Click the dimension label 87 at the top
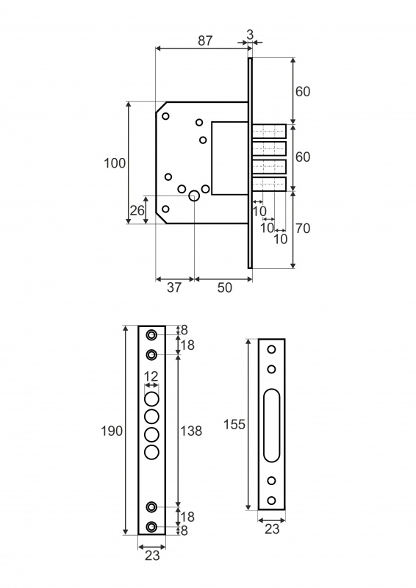coord(205,40)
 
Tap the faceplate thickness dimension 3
coord(250,35)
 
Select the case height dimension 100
coord(115,163)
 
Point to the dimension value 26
coord(137,210)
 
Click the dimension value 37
coord(174,287)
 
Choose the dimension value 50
coord(225,287)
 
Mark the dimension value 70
coord(303,228)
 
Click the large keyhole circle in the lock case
coord(194,196)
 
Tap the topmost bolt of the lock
coord(269,132)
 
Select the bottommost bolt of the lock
coord(269,184)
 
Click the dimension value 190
coord(112,431)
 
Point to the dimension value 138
coord(191,431)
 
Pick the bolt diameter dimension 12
coord(151,376)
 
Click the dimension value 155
coord(234,424)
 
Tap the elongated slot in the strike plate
coord(271,426)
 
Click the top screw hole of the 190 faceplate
coord(151,335)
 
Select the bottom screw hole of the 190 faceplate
coord(151,527)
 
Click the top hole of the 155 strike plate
coord(271,350)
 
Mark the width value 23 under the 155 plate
coord(273,528)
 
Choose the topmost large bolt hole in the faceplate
coord(151,398)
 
